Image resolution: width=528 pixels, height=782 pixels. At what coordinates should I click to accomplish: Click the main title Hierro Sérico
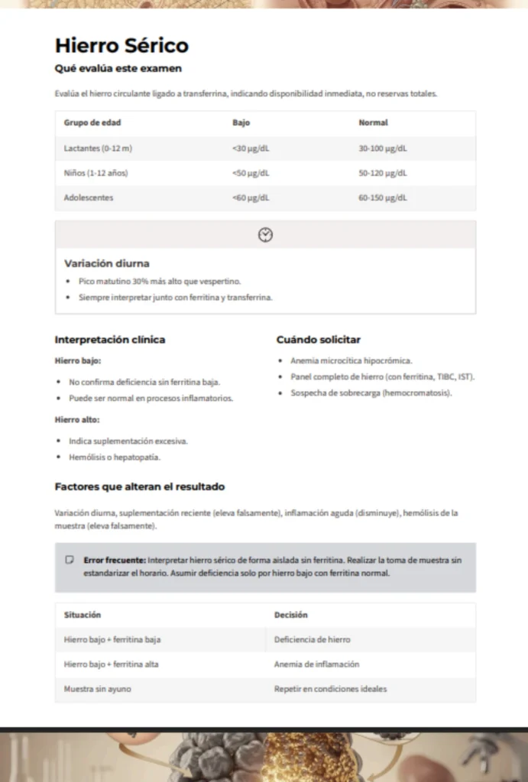click(x=121, y=46)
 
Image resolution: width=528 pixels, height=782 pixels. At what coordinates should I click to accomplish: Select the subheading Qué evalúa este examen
click(x=118, y=69)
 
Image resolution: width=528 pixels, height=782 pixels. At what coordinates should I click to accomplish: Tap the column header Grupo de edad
click(x=92, y=123)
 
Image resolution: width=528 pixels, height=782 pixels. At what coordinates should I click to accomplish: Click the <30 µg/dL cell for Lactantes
click(x=251, y=148)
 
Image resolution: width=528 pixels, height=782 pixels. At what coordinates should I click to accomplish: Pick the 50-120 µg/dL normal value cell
click(x=383, y=173)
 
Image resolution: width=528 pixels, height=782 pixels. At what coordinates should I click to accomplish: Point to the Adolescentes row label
click(x=89, y=198)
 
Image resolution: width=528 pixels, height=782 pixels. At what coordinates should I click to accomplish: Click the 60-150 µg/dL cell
click(x=383, y=198)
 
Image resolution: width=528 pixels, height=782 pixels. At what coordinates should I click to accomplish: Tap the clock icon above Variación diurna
click(x=265, y=234)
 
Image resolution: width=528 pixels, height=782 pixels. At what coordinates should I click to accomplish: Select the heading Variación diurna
click(x=107, y=263)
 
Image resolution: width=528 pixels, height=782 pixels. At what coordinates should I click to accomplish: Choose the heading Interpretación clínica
click(x=110, y=340)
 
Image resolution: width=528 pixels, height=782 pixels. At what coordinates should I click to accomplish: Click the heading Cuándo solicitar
click(x=318, y=340)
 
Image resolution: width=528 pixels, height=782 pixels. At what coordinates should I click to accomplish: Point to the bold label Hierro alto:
click(x=77, y=420)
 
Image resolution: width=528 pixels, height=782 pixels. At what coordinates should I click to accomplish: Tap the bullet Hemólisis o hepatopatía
click(x=114, y=457)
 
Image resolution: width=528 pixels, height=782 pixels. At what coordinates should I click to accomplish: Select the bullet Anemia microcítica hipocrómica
click(x=351, y=360)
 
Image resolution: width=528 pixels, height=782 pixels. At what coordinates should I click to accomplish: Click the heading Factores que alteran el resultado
click(x=140, y=486)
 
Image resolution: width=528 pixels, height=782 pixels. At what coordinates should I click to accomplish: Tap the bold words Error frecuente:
click(x=115, y=560)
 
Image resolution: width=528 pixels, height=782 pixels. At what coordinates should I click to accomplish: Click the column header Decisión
click(x=291, y=615)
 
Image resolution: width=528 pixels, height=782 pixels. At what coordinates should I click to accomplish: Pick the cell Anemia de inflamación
click(x=316, y=664)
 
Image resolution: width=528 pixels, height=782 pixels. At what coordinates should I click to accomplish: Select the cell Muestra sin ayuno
click(x=97, y=689)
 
